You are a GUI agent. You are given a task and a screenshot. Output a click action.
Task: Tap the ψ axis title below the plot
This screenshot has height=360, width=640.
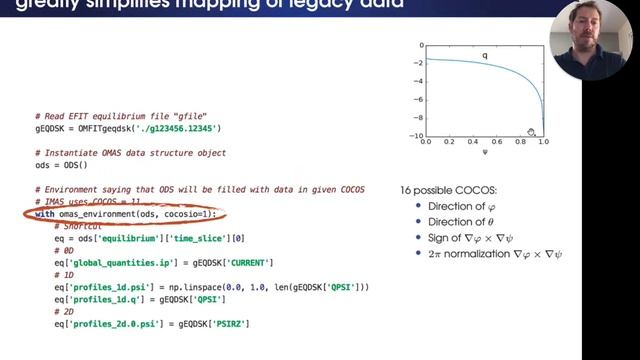(485, 154)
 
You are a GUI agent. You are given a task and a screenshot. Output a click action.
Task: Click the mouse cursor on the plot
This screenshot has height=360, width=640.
(532, 133)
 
